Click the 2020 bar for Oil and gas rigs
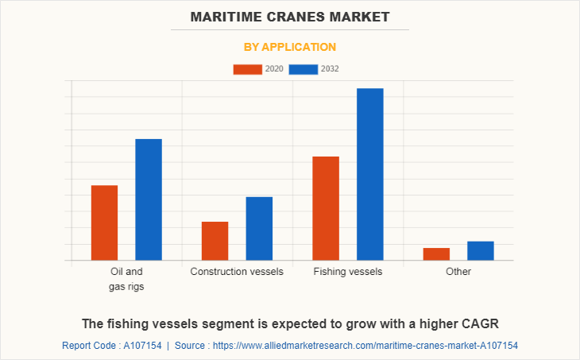pyautogui.click(x=105, y=223)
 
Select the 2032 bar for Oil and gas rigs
pyautogui.click(x=149, y=199)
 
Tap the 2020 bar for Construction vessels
pyautogui.click(x=215, y=241)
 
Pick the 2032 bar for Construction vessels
pyautogui.click(x=259, y=228)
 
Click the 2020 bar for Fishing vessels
pyautogui.click(x=326, y=208)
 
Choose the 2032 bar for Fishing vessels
pyautogui.click(x=370, y=174)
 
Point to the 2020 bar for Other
pyautogui.click(x=436, y=254)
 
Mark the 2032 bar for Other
pyautogui.click(x=481, y=250)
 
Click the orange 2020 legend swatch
pyautogui.click(x=247, y=69)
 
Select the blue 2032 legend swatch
pyautogui.click(x=304, y=69)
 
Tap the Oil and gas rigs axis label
pyautogui.click(x=126, y=279)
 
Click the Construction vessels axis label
pyautogui.click(x=237, y=272)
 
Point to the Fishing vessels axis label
pyautogui.click(x=348, y=272)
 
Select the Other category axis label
pyautogui.click(x=458, y=272)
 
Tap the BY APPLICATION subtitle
pyautogui.click(x=290, y=47)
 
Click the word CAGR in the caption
pyautogui.click(x=479, y=323)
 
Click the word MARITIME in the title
pyautogui.click(x=226, y=16)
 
